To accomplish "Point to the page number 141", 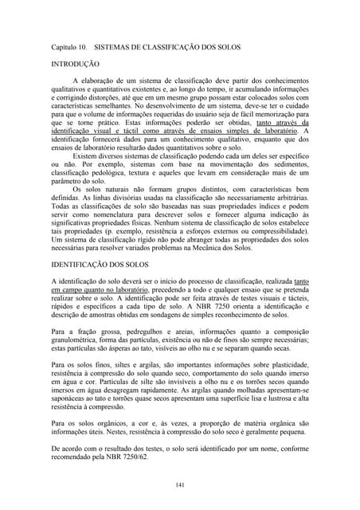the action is coord(179,484).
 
